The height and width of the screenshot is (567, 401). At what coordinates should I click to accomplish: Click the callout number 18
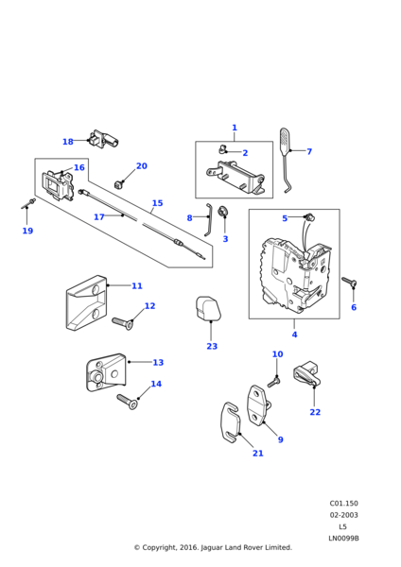68,142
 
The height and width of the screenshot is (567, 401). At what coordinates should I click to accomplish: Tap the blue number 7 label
309,151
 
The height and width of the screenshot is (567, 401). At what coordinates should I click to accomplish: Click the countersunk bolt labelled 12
122,322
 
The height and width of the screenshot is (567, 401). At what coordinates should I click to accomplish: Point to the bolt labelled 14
127,402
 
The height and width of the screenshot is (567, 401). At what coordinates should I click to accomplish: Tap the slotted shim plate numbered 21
231,422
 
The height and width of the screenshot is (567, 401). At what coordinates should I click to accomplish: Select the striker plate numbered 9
259,405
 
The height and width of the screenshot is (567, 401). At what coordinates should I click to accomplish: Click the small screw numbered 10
274,382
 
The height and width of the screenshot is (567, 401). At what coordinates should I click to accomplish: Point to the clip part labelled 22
307,373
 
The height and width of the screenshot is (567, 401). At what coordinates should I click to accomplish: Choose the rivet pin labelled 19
27,203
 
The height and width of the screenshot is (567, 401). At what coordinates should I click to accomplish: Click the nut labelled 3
222,212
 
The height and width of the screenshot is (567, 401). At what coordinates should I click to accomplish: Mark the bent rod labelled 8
208,220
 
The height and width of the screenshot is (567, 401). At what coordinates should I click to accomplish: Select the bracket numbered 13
106,372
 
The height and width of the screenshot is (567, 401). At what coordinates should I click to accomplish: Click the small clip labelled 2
222,148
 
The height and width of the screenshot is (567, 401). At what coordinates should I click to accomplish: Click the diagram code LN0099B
343,538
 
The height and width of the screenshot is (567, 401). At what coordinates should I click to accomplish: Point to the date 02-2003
343,515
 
